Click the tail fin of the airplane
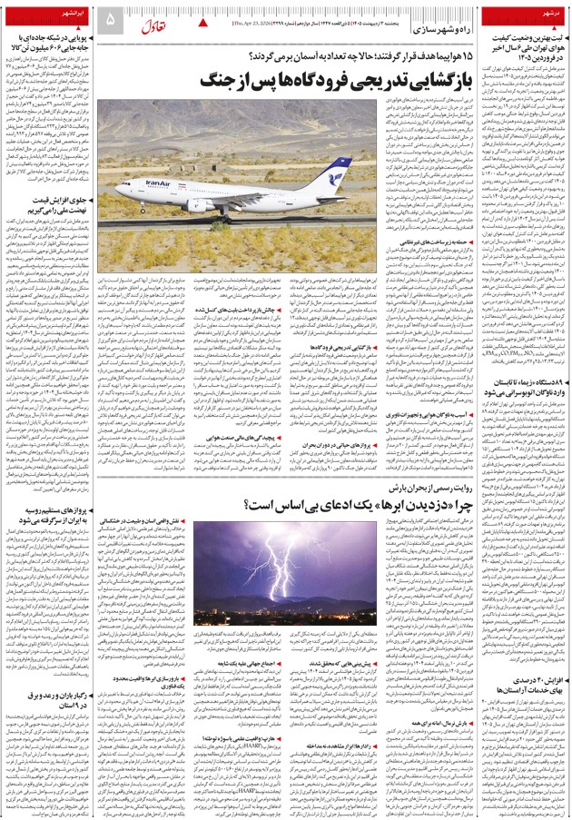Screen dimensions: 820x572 (336, 171)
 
